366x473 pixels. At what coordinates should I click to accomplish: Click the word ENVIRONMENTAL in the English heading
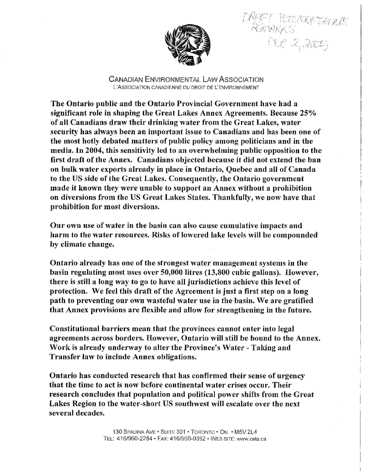[x=166, y=80]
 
